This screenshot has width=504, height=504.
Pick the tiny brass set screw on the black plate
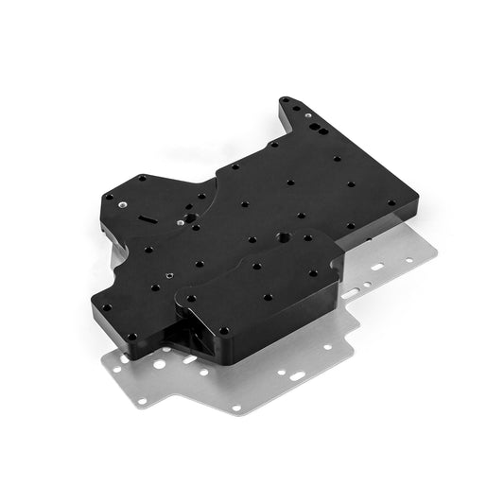168,276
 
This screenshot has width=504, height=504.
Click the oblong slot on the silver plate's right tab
378,268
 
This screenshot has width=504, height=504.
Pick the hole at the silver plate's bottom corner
235,408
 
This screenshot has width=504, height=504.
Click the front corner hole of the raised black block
224,330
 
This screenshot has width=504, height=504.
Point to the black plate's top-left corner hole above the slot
141,178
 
